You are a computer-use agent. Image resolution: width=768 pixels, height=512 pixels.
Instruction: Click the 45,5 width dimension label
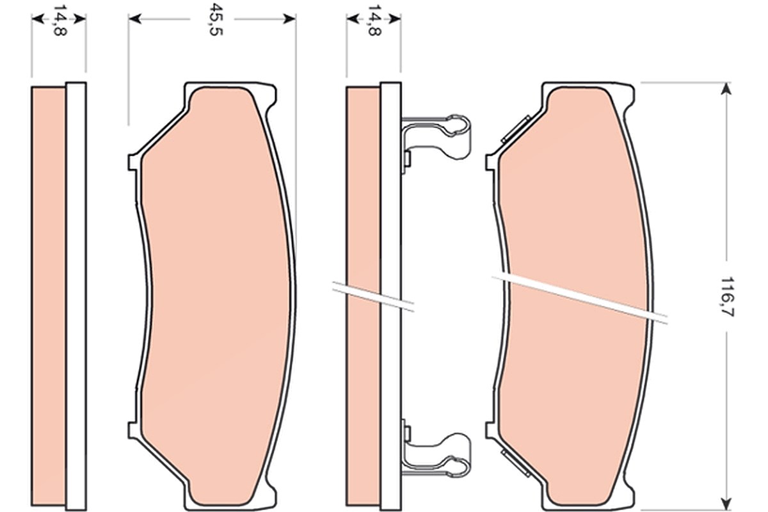pos(216,19)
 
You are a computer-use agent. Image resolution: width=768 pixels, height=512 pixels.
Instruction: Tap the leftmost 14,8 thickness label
pos(59,20)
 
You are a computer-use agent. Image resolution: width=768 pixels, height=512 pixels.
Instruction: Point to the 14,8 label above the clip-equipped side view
pos(374,20)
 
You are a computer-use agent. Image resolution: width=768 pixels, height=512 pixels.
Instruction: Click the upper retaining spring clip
pos(435,137)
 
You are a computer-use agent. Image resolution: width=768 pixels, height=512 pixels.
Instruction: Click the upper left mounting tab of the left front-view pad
pos(134,162)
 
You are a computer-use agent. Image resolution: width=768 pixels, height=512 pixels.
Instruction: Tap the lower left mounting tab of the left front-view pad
pos(134,430)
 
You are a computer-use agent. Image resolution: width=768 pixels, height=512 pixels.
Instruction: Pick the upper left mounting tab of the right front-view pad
pos(492,162)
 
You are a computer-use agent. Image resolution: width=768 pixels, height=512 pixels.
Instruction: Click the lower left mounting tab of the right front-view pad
pos(492,430)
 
